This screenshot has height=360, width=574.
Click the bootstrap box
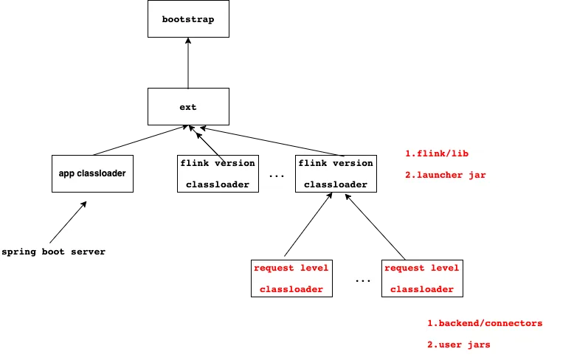pos(189,18)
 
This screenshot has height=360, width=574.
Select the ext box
pos(189,106)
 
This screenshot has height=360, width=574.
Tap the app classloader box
pos(93,173)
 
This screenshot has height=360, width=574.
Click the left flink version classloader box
pos(218,173)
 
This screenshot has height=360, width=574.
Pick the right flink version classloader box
pos(336,173)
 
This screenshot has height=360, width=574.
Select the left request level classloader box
pos(291,278)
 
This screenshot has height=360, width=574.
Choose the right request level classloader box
pos(422,278)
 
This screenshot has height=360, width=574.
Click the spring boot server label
pos(53,252)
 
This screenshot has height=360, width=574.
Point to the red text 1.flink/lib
pos(437,153)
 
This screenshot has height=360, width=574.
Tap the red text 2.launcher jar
pos(446,175)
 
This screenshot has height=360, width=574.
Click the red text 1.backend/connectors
pos(485,323)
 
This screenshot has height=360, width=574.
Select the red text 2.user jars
pos(459,345)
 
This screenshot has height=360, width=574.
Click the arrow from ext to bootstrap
pos(188,63)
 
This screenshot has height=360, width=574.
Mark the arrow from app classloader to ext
pos(141,140)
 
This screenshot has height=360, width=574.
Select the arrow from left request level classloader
pos(308,224)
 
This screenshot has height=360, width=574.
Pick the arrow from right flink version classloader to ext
pos(272,142)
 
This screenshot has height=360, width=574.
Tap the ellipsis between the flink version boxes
pos(277,177)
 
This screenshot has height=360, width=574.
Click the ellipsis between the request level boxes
pos(363,281)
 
